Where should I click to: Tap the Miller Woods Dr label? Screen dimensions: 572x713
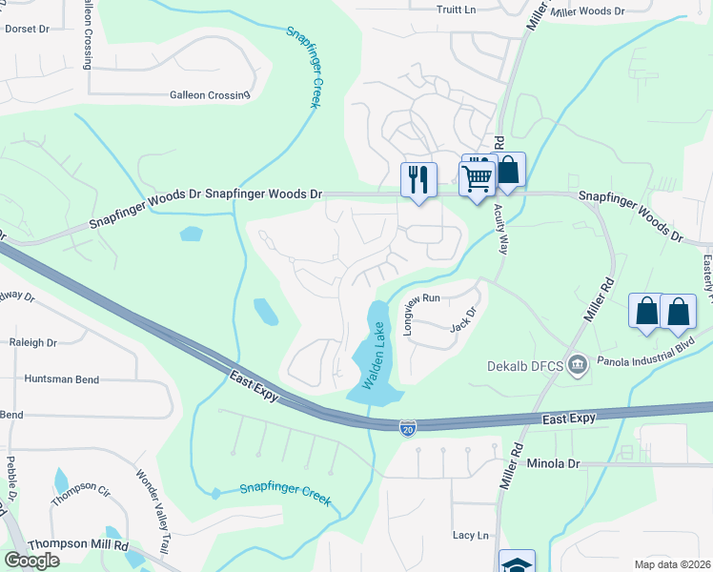tap(587, 11)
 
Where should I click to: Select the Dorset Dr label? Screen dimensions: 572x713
tap(27, 29)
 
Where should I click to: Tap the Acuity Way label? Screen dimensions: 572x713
tap(501, 231)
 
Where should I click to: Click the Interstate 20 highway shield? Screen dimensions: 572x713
tap(407, 428)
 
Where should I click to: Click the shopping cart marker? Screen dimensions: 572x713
tap(476, 176)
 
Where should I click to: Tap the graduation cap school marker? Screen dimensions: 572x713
tap(516, 562)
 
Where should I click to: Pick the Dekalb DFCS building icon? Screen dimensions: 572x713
tap(576, 364)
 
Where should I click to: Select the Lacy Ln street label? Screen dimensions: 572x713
tap(470, 536)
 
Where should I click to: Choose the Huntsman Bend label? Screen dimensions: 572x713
tap(63, 379)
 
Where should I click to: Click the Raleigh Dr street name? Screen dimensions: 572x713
tap(32, 342)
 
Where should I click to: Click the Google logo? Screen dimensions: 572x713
tap(31, 560)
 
